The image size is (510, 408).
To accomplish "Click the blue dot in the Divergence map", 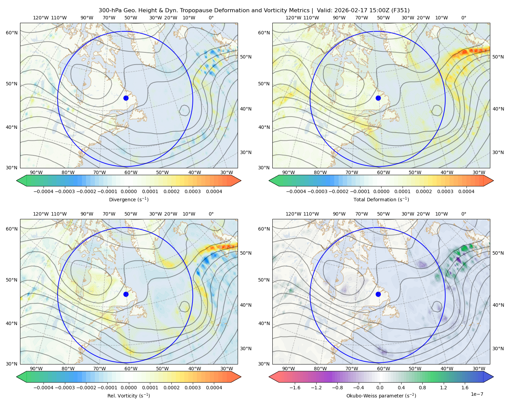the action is pyautogui.click(x=126, y=98).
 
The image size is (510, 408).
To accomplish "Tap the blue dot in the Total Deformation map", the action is pyautogui.click(x=378, y=98).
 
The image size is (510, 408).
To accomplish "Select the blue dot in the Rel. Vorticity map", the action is pyautogui.click(x=126, y=294).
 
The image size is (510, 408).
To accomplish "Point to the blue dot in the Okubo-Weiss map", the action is pyautogui.click(x=378, y=294).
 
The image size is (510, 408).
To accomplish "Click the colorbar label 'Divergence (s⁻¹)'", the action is pyautogui.click(x=129, y=199).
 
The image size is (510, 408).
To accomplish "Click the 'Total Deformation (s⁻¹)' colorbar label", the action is pyautogui.click(x=381, y=199).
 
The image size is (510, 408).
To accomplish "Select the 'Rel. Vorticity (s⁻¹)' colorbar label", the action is pyautogui.click(x=129, y=395).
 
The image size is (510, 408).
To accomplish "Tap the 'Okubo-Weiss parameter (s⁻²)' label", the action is pyautogui.click(x=381, y=395).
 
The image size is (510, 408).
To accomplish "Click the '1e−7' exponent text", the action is pyautogui.click(x=477, y=394).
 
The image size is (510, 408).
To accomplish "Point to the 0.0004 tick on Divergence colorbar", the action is pyautogui.click(x=214, y=191).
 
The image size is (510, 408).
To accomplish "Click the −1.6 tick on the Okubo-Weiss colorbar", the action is pyautogui.click(x=295, y=387).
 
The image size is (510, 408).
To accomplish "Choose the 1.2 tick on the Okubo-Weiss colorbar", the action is pyautogui.click(x=443, y=387).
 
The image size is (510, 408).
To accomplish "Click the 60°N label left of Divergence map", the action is pyautogui.click(x=12, y=33).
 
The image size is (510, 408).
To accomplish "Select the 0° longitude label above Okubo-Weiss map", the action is pyautogui.click(x=463, y=214).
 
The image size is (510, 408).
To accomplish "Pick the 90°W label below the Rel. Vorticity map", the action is pyautogui.click(x=36, y=369).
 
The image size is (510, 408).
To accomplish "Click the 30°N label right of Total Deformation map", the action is pyautogui.click(x=498, y=152).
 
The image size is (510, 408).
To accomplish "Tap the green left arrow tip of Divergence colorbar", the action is pyautogui.click(x=17, y=181).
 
